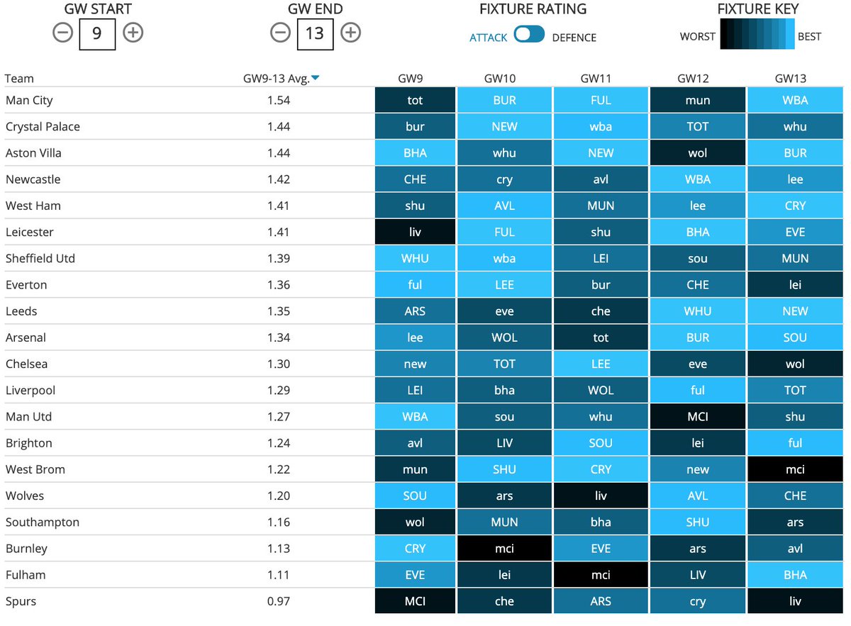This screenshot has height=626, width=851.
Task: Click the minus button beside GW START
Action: (x=62, y=33)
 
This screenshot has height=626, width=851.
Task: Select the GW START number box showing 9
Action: (x=97, y=33)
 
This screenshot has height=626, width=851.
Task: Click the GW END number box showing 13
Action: (x=314, y=33)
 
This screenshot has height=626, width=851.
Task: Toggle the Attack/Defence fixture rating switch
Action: (x=529, y=35)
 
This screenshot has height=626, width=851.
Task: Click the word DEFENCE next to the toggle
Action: (x=574, y=38)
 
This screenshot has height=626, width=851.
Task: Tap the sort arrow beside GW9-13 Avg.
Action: (x=316, y=79)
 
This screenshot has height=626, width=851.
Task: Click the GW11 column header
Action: (x=601, y=79)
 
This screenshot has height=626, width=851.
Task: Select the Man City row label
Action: (x=29, y=100)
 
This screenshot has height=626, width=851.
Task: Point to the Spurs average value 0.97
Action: (x=279, y=601)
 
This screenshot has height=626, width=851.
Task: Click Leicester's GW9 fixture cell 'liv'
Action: (x=415, y=232)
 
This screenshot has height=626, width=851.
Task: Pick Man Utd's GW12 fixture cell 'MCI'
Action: (x=697, y=417)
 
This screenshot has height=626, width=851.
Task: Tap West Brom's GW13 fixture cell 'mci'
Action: (x=794, y=469)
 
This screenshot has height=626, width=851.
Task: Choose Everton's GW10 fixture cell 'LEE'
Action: (x=504, y=285)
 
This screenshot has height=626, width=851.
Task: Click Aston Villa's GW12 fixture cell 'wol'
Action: (x=697, y=153)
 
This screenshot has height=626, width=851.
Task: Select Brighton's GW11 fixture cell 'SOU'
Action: (x=601, y=443)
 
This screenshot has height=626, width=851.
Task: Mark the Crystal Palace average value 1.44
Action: (x=279, y=127)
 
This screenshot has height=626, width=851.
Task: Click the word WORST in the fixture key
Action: (x=697, y=36)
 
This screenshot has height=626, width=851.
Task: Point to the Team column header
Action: (x=19, y=79)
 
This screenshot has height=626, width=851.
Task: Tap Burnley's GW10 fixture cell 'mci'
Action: (x=504, y=549)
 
